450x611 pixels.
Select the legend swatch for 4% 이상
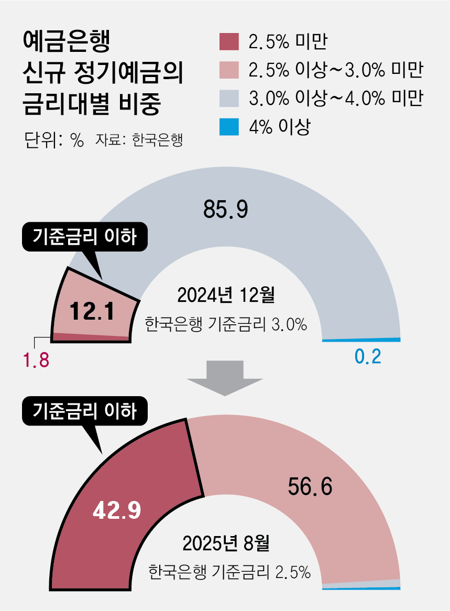click(228, 126)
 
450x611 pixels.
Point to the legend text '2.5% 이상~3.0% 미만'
click(336, 70)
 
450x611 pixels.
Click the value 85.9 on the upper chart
click(225, 210)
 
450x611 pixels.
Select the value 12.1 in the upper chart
click(92, 312)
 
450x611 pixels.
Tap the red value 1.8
click(35, 360)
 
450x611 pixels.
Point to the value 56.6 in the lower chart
click(310, 487)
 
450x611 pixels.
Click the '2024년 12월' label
click(226, 296)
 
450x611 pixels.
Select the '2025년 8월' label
click(226, 544)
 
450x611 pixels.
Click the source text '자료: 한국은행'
click(139, 140)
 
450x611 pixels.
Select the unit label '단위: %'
click(54, 140)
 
